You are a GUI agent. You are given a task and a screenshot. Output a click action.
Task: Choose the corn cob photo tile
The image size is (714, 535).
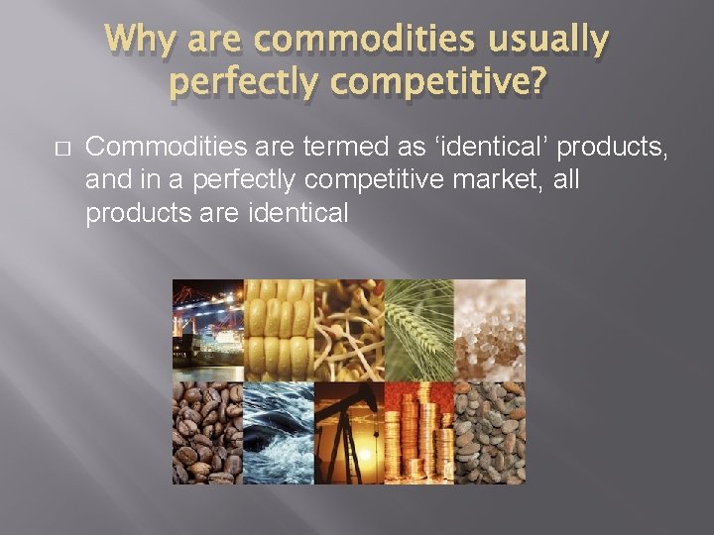click(x=279, y=330)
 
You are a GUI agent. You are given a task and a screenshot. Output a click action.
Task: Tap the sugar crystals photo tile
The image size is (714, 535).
click(x=490, y=330)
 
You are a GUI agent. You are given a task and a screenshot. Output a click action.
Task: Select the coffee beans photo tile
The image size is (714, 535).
click(x=207, y=433)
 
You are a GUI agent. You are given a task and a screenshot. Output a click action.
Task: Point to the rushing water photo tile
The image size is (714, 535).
click(x=279, y=433)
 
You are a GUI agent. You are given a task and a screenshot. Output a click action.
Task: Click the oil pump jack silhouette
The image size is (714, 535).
click(x=349, y=433)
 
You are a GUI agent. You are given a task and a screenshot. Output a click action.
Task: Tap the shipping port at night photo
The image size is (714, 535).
click(x=207, y=330)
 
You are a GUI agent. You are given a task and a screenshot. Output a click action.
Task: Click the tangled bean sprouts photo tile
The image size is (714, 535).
click(x=349, y=330)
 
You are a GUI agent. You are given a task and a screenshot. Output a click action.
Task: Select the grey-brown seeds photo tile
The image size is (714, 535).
click(x=490, y=433)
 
